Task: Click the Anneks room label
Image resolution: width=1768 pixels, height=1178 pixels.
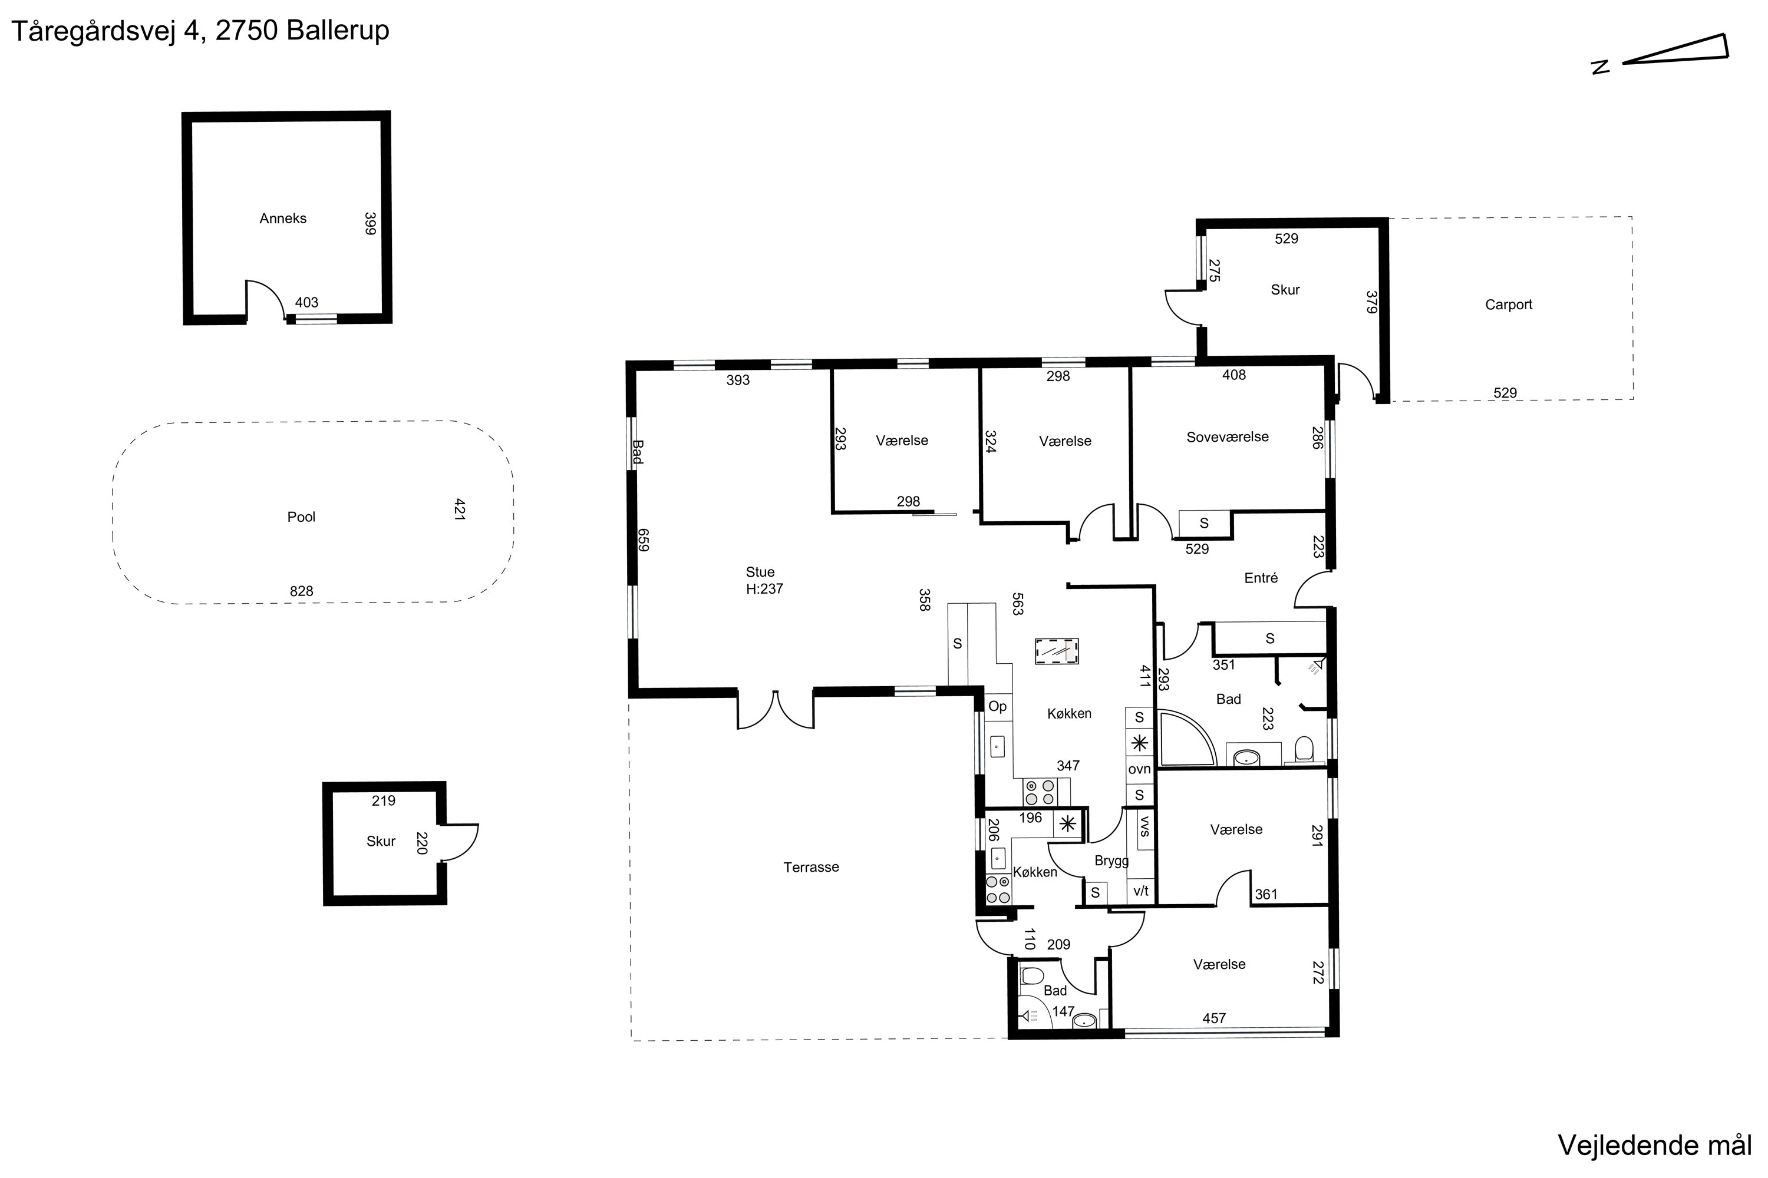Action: [283, 219]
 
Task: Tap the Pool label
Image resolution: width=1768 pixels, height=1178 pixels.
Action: [301, 517]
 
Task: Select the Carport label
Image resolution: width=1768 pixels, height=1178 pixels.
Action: [1508, 305]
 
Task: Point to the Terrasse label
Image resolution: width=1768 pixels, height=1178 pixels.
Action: [811, 867]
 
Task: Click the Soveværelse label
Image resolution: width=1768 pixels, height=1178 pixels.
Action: [1228, 437]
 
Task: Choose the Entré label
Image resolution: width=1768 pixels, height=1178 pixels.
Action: [1261, 578]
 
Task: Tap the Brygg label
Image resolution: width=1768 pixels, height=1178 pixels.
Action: [1111, 861]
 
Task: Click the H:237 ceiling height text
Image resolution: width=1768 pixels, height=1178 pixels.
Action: [764, 589]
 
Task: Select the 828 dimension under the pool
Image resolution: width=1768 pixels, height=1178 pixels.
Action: [301, 591]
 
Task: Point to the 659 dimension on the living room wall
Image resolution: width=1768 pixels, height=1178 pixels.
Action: [643, 540]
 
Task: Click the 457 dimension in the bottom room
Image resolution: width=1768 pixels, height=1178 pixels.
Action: [1214, 1019]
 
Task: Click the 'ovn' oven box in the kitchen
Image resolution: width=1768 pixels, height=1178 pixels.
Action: [1140, 769]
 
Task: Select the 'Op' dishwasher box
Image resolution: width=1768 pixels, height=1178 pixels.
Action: [998, 707]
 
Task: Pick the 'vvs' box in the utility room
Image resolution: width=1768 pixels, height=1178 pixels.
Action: [1145, 829]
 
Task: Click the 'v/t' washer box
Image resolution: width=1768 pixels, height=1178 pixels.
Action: [1141, 892]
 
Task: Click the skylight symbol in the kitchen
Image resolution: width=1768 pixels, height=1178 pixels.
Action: [1056, 651]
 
